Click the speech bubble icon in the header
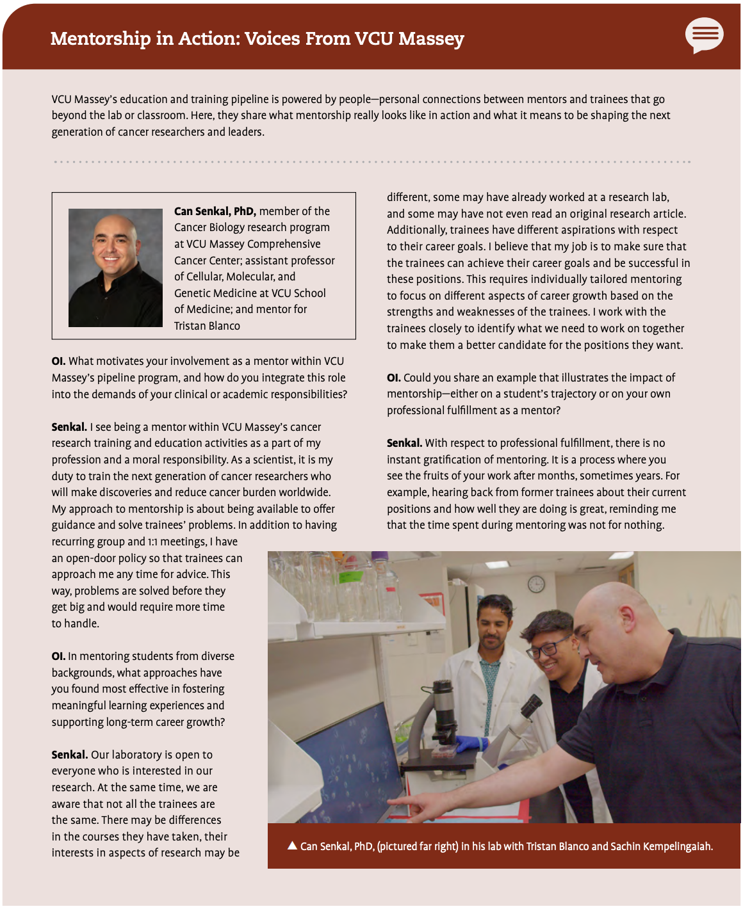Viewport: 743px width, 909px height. pos(704,35)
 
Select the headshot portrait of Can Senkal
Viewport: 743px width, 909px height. pos(115,268)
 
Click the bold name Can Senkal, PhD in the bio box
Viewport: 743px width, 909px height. pos(215,211)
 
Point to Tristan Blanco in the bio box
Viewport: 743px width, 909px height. pos(207,326)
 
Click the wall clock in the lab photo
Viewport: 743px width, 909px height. pos(536,584)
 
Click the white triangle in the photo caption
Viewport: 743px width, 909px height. pos(292,846)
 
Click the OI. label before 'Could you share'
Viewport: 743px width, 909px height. pos(393,378)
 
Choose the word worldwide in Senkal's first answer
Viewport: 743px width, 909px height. pos(306,492)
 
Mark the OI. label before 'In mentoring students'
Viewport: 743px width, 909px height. pos(58,656)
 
